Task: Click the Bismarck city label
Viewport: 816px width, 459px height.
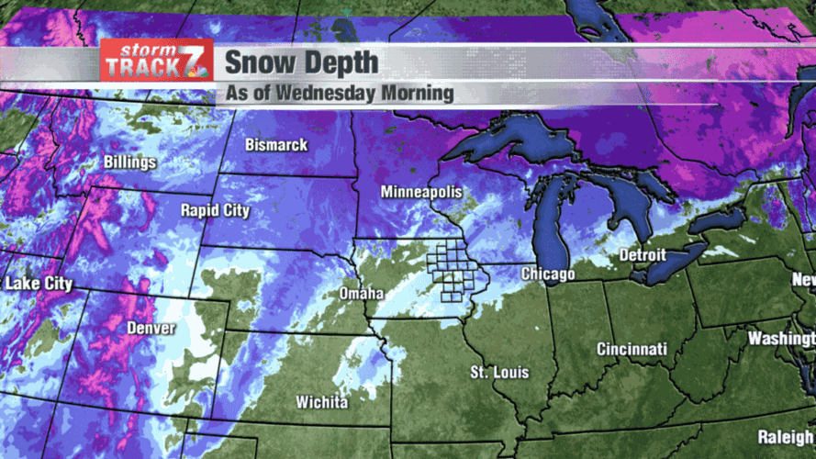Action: (276, 146)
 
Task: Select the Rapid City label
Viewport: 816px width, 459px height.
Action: (215, 210)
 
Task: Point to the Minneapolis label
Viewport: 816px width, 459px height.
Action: (420, 193)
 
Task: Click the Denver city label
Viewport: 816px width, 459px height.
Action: (151, 328)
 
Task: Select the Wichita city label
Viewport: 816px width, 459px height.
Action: (321, 403)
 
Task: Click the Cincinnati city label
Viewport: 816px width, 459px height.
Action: (632, 350)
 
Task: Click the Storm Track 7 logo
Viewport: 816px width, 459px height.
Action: (157, 61)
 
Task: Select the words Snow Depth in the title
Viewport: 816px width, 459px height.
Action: (300, 63)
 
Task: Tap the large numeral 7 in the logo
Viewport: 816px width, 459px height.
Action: (198, 64)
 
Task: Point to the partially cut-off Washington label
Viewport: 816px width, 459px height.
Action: (780, 339)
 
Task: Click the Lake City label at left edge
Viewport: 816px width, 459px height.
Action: (39, 284)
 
